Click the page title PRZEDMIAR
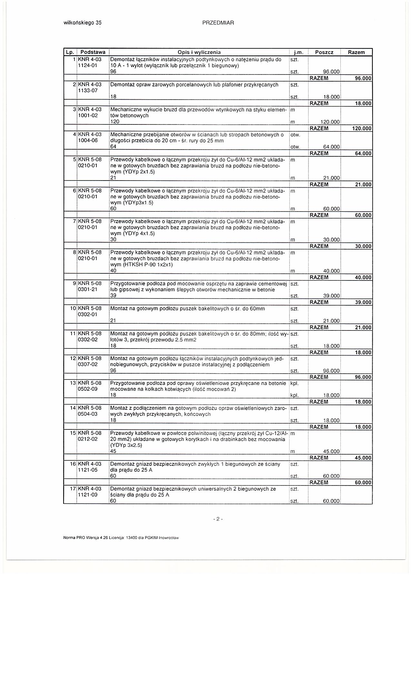pyautogui.click(x=218, y=23)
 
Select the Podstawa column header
pyautogui.click(x=93, y=52)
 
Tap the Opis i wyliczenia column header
pyautogui.click(x=199, y=52)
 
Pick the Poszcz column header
pyautogui.click(x=324, y=52)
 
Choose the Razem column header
pyautogui.click(x=356, y=52)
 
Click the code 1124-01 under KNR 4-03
pyautogui.click(x=88, y=66)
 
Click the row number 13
pyautogui.click(x=73, y=383)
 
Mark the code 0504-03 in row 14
pyautogui.click(x=88, y=414)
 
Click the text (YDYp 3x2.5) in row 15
pyautogui.click(x=126, y=445)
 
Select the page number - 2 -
pyautogui.click(x=218, y=519)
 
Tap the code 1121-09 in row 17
pyautogui.click(x=88, y=495)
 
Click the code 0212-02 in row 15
pyautogui.click(x=88, y=439)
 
